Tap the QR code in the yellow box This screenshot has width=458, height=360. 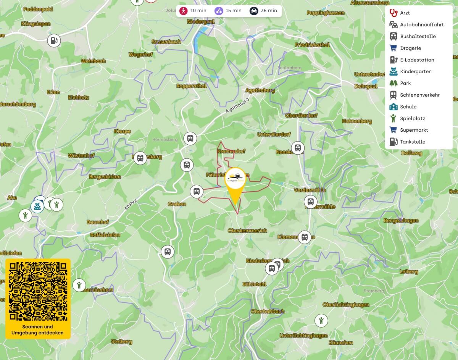(38, 291)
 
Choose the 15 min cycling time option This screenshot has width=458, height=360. (228, 11)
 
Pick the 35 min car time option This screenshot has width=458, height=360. (263, 11)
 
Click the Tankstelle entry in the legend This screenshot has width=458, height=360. (412, 142)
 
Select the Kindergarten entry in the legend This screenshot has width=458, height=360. (415, 71)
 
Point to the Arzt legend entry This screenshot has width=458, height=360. (405, 13)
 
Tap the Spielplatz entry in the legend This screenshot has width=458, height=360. (412, 118)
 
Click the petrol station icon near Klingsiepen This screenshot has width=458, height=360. (54, 40)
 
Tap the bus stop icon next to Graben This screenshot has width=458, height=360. (197, 191)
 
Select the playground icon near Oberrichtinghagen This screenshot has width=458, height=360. (321, 320)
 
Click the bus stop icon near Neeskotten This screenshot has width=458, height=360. (298, 147)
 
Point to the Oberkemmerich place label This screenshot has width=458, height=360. (247, 231)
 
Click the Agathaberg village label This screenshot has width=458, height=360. (261, 90)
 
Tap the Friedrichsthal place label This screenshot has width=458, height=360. (312, 45)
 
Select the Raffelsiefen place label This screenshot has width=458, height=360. (105, 235)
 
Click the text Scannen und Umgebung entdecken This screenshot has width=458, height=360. (38, 330)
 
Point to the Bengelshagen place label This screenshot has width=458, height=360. (401, 221)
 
